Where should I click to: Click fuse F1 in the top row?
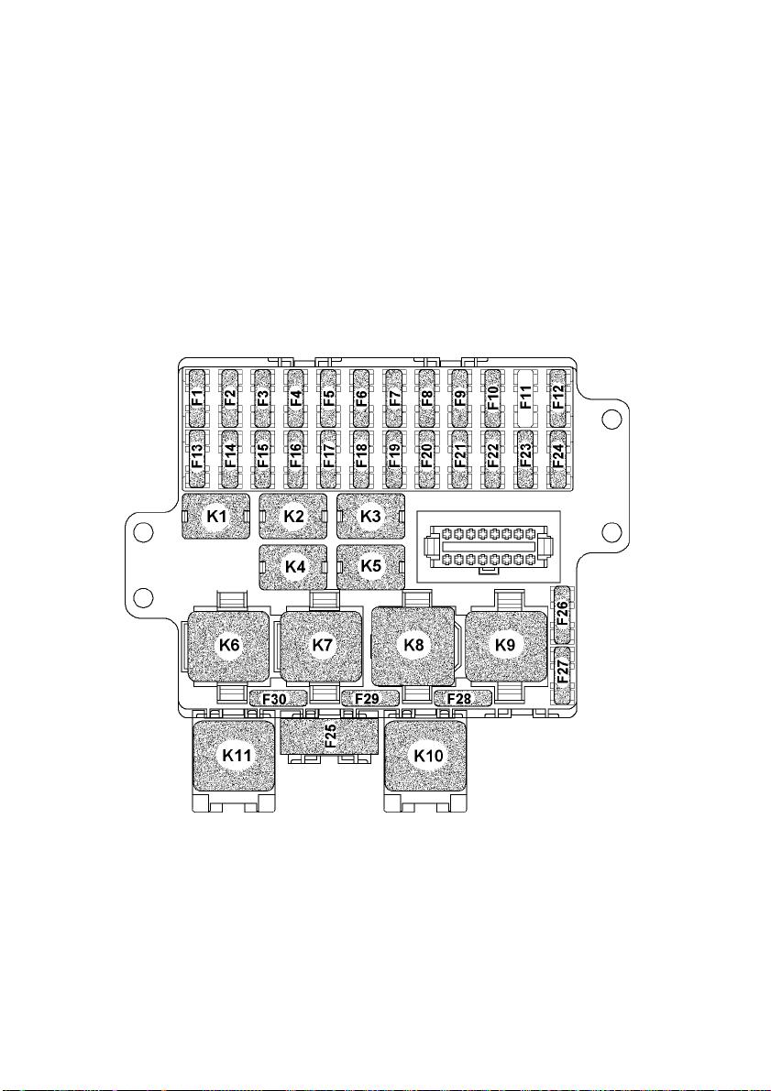click(x=197, y=398)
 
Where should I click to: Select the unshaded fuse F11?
click(x=526, y=398)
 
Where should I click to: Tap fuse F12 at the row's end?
click(x=558, y=398)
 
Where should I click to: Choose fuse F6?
click(x=361, y=398)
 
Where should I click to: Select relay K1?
click(x=216, y=517)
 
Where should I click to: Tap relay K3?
click(x=371, y=517)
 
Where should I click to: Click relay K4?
click(x=294, y=567)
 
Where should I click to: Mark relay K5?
click(x=371, y=567)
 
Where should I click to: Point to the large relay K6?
click(x=228, y=645)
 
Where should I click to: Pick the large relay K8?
click(x=413, y=645)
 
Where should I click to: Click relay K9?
click(x=506, y=645)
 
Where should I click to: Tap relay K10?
click(x=426, y=756)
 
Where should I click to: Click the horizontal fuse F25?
click(x=329, y=736)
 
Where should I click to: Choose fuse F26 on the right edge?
click(x=561, y=615)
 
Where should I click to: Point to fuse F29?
click(x=369, y=699)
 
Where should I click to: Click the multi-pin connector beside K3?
click(x=488, y=547)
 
